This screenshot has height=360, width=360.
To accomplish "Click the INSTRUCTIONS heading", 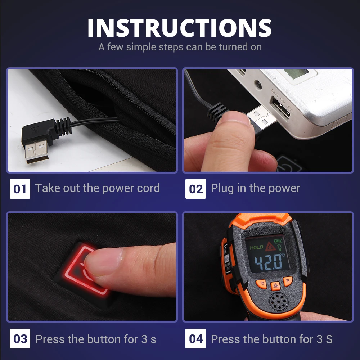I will pyautogui.click(x=180, y=28).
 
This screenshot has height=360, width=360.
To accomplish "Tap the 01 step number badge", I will pyautogui.click(x=20, y=189).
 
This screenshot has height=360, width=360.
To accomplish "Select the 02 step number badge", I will pyautogui.click(x=195, y=189).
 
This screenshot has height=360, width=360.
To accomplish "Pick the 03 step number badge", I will pyautogui.click(x=20, y=339).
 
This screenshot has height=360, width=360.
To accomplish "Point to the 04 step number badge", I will pyautogui.click(x=195, y=339).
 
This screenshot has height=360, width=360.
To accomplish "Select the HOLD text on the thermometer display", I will pyautogui.click(x=256, y=247).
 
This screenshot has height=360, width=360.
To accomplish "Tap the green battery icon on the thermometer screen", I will pyautogui.click(x=278, y=240).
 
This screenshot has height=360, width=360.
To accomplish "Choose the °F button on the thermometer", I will pyautogui.click(x=288, y=281).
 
